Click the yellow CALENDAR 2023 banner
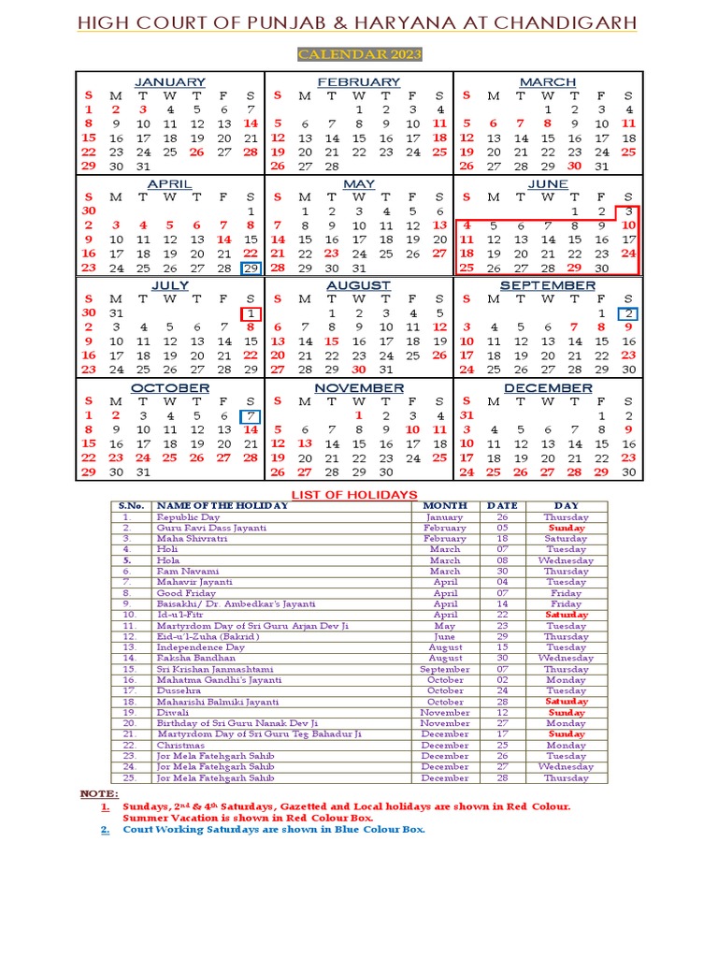click(x=359, y=55)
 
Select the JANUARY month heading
click(x=170, y=82)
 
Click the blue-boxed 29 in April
click(x=251, y=268)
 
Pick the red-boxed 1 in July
click(x=251, y=312)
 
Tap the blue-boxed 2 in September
click(x=628, y=312)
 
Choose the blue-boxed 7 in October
click(x=251, y=415)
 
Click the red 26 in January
click(x=196, y=152)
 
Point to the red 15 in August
click(x=331, y=341)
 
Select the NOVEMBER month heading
click(x=359, y=387)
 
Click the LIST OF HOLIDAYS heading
click(x=355, y=494)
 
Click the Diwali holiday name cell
click(x=173, y=712)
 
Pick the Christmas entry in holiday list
click(x=180, y=745)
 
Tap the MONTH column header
click(x=445, y=505)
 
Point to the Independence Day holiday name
click(x=200, y=646)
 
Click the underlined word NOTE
click(x=98, y=792)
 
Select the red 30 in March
click(x=574, y=167)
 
